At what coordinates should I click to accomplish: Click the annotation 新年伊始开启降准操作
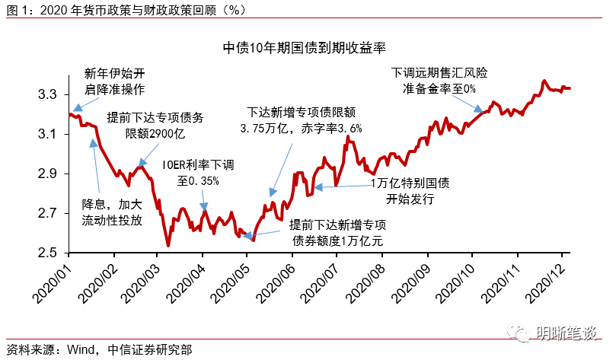pos(113,81)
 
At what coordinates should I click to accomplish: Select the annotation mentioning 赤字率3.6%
pos(302,119)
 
